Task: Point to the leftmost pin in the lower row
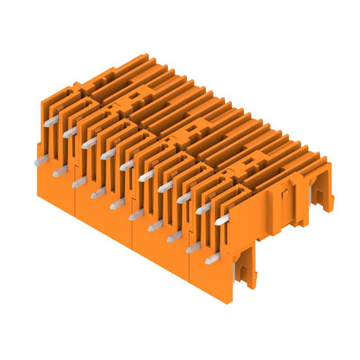[x=37, y=161]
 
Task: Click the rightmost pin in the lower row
[x=211, y=258]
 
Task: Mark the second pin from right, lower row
[x=192, y=247]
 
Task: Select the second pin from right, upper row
[x=203, y=209]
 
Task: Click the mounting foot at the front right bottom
[x=249, y=273]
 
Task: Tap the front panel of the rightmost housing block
[x=208, y=275]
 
